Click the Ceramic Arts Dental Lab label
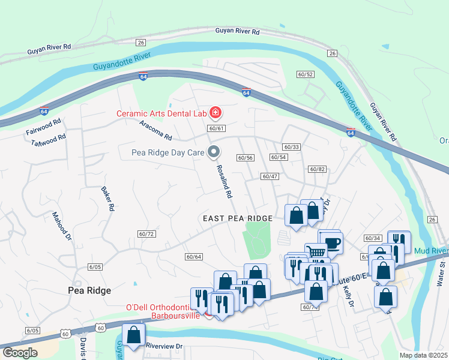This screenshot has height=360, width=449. point(161,113)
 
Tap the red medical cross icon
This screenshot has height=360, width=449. point(215,113)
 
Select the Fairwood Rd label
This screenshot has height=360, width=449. point(44,130)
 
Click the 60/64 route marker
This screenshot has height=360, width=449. point(193,257)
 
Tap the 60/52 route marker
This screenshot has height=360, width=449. point(305,74)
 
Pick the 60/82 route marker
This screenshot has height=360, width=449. point(317,170)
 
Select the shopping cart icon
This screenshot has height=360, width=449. point(315,251)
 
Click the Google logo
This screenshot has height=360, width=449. point(20,352)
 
